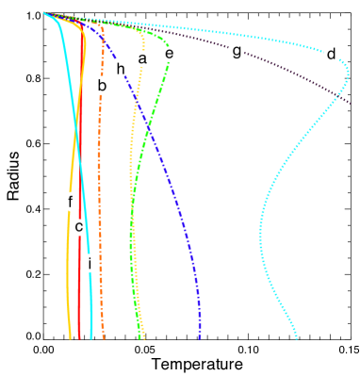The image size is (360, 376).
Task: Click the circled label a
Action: tap(142, 58)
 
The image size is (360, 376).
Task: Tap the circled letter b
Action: tap(102, 85)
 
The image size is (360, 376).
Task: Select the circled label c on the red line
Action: tap(80, 226)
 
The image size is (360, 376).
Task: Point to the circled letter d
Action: tap(331, 54)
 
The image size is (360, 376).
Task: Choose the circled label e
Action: tap(169, 55)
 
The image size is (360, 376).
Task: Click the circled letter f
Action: tap(71, 201)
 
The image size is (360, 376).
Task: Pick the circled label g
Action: tap(236, 51)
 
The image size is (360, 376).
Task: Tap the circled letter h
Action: tap(119, 68)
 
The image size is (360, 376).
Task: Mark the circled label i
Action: tap(89, 264)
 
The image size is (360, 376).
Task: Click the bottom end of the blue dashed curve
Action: tap(199, 336)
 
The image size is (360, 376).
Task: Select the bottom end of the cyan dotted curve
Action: tap(297, 337)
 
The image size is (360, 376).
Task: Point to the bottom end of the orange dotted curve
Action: tap(103, 337)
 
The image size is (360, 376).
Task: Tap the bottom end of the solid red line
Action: tap(80, 336)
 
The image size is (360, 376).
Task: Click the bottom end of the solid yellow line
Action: tap(70, 336)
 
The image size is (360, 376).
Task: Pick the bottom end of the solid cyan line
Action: tap(91, 336)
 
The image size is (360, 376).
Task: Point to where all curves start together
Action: tap(44, 13)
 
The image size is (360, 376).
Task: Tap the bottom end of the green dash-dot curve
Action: tap(139, 336)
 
